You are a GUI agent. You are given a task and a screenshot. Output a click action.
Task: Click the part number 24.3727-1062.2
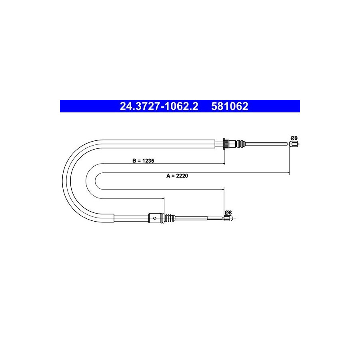point(159,106)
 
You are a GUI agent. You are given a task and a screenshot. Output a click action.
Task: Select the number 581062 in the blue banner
point(230,106)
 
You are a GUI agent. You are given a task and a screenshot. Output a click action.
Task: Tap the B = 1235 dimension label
point(143,161)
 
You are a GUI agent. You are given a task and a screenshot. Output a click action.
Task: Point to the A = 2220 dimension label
point(177,176)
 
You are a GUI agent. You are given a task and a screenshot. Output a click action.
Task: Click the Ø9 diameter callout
point(294,138)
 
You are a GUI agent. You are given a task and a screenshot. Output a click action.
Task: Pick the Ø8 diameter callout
point(228,212)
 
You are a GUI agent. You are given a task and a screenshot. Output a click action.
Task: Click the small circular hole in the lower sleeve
point(155,218)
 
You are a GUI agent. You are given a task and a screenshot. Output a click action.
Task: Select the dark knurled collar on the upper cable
point(226,144)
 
